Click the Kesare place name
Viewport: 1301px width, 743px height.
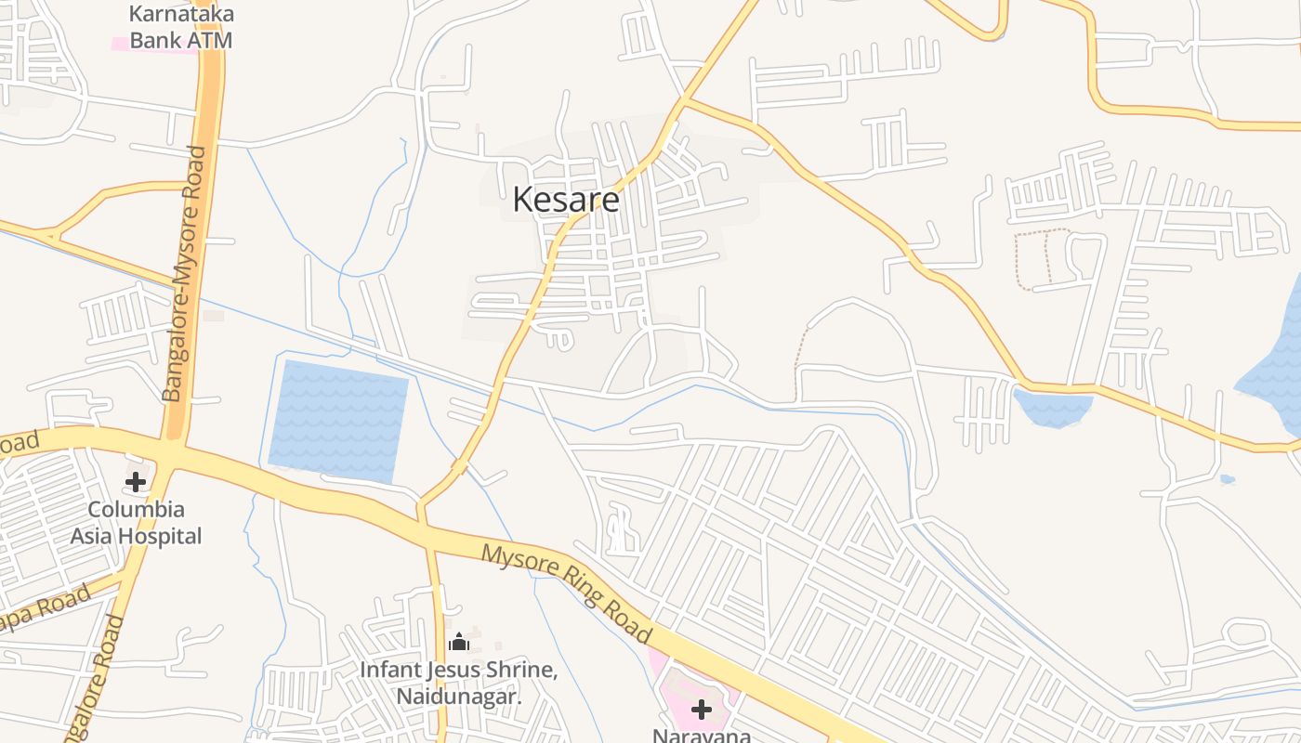point(565,200)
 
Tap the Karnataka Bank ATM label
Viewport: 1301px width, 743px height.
point(180,27)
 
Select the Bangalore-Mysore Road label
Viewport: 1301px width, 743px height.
point(186,274)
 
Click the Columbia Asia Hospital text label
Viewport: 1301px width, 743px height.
point(136,523)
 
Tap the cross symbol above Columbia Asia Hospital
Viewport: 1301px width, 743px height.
point(136,482)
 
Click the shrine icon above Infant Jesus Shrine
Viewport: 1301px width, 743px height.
point(459,642)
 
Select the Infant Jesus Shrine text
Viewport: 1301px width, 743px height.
point(458,670)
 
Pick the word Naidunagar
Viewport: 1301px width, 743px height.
point(458,696)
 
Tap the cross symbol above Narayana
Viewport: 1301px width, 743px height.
point(702,710)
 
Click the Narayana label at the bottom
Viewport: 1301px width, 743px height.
point(702,736)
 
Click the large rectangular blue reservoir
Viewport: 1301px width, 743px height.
point(338,421)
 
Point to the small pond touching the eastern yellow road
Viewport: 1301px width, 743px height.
point(1053,408)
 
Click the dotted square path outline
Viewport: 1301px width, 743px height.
point(1041,259)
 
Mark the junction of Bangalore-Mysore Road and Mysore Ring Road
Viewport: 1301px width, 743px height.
point(172,451)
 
